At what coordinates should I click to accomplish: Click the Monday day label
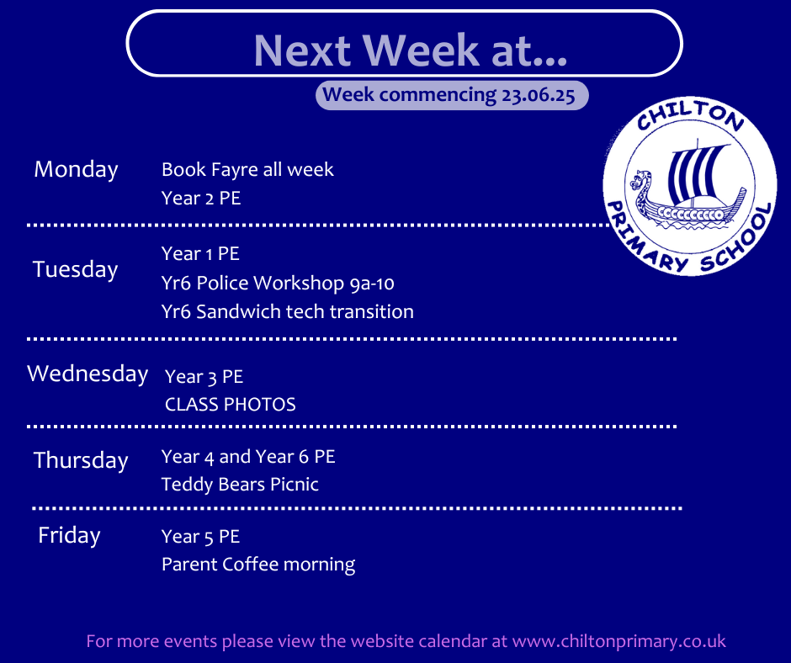point(77,170)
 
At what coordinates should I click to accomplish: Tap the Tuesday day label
point(75,269)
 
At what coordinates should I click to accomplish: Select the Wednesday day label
point(88,374)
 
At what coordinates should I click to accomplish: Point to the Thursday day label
point(81,461)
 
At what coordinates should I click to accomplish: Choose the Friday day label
point(69,535)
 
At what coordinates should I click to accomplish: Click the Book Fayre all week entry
point(247,170)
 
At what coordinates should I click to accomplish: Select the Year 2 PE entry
point(201,199)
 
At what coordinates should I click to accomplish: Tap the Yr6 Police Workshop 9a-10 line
point(278,283)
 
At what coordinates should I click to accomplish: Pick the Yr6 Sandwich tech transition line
point(288,312)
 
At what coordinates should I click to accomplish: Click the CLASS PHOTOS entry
point(230,405)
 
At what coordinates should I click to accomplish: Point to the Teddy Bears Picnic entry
point(240,485)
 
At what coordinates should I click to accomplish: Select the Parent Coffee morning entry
point(258,565)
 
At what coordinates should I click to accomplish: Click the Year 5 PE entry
point(201,536)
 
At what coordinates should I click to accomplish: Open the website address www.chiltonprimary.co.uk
point(619,641)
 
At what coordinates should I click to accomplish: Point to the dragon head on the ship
point(640,179)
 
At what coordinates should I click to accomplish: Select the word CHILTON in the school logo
point(690,115)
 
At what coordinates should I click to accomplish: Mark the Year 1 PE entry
point(200,254)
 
